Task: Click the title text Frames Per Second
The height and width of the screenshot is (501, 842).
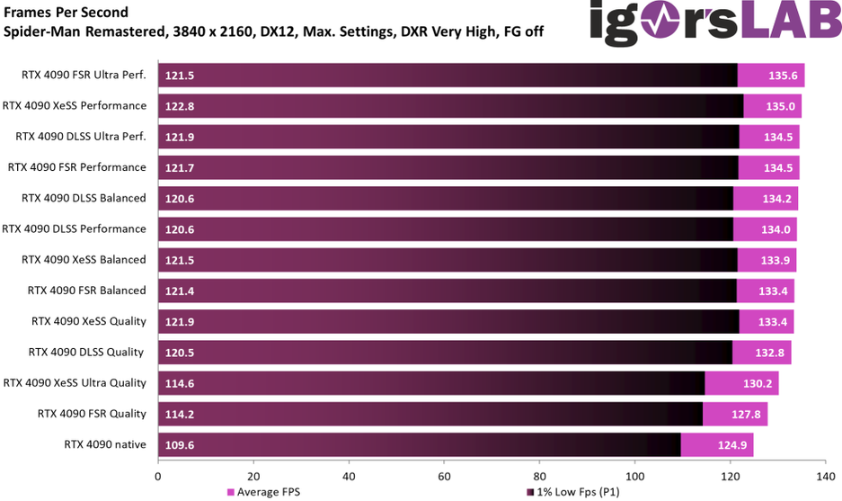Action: click(x=66, y=13)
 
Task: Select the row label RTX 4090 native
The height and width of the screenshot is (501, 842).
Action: click(x=104, y=444)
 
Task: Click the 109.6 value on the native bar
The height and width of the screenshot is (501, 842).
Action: click(x=179, y=444)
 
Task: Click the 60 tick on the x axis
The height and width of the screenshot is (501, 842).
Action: click(x=444, y=476)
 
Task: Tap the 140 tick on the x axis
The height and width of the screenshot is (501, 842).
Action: click(x=825, y=476)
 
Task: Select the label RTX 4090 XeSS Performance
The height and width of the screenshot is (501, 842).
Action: click(x=75, y=105)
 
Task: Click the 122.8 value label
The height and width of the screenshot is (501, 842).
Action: click(x=179, y=106)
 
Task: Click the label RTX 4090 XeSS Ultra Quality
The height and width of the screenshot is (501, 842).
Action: click(x=75, y=382)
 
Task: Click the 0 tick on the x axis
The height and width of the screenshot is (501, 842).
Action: click(x=158, y=476)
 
